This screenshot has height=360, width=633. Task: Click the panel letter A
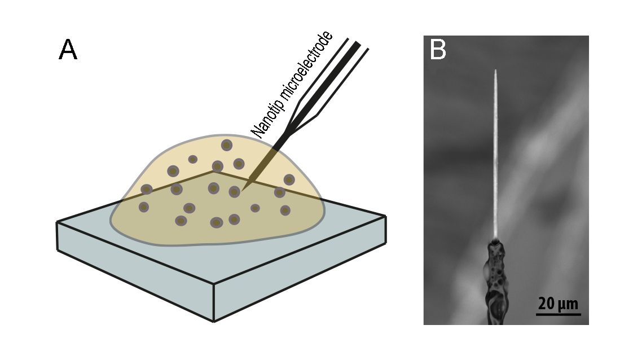click(x=68, y=50)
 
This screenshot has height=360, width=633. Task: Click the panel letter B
click(x=438, y=50)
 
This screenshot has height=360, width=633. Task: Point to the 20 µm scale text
click(x=558, y=303)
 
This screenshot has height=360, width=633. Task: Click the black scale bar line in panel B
click(x=558, y=314)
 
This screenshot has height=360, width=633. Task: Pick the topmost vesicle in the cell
click(x=226, y=145)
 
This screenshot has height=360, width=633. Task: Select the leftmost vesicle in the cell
click(x=144, y=207)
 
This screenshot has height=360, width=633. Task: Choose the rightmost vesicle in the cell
click(x=289, y=179)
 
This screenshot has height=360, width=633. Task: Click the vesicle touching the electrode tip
click(x=235, y=192)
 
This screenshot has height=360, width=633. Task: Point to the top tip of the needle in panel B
click(x=495, y=71)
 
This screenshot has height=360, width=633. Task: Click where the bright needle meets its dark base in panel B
click(x=495, y=239)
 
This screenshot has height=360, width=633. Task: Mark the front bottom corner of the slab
click(x=214, y=321)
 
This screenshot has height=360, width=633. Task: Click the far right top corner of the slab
click(x=386, y=216)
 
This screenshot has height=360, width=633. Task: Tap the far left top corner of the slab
click(x=57, y=222)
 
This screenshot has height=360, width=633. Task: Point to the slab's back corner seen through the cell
click(x=213, y=172)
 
